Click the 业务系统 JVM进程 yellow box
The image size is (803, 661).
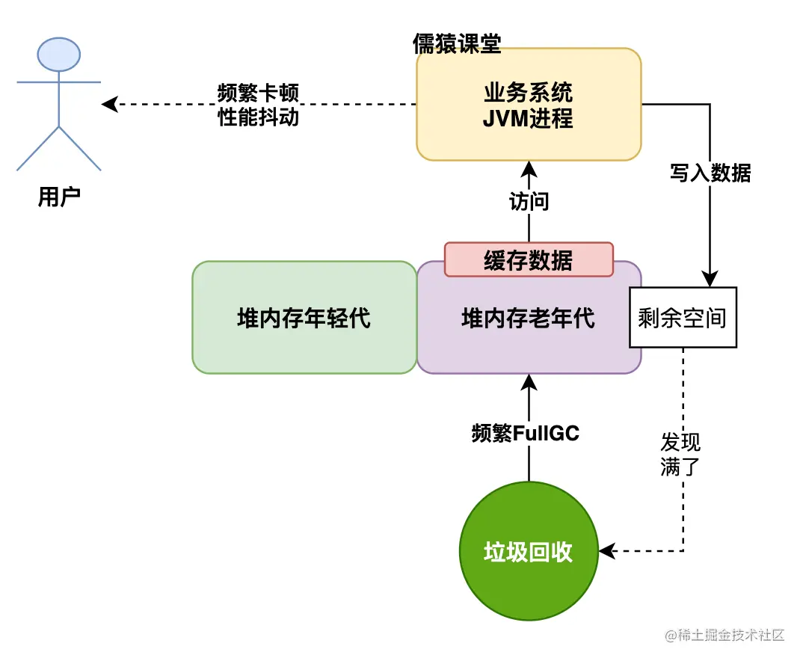click(x=528, y=105)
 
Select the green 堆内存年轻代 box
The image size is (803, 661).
click(x=304, y=319)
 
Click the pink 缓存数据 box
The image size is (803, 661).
click(x=528, y=260)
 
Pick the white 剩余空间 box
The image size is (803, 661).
click(x=683, y=318)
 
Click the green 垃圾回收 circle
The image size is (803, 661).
click(x=528, y=551)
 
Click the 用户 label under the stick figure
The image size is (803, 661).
click(x=58, y=197)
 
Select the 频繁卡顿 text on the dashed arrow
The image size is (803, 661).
click(x=258, y=93)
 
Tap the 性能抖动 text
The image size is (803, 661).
click(x=258, y=117)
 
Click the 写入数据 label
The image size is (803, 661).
click(x=710, y=173)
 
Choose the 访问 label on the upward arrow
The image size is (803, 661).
click(x=528, y=201)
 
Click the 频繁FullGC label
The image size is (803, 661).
click(x=526, y=432)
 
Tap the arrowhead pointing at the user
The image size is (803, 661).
click(x=109, y=104)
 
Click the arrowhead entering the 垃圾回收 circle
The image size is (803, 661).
click(x=606, y=552)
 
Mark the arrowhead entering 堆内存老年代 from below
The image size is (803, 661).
click(x=528, y=381)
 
